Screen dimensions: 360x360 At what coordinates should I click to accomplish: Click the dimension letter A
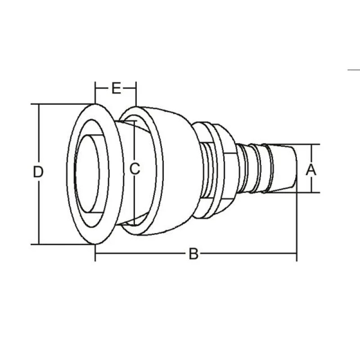311,170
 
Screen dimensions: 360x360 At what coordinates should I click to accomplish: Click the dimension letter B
193,254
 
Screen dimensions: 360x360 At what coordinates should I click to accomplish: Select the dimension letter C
135,169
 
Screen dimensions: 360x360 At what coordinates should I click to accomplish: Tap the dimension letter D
39,172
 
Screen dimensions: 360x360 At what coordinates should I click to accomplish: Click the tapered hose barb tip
283,169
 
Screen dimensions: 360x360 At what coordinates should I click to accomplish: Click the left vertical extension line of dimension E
95,92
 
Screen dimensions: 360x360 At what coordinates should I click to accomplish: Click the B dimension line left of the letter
139,254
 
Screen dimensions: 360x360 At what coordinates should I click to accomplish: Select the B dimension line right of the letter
247,254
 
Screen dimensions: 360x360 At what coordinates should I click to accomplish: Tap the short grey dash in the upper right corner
354,70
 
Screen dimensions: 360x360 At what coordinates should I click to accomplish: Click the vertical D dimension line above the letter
39,135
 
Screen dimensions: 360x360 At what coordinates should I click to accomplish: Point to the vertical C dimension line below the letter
135,198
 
